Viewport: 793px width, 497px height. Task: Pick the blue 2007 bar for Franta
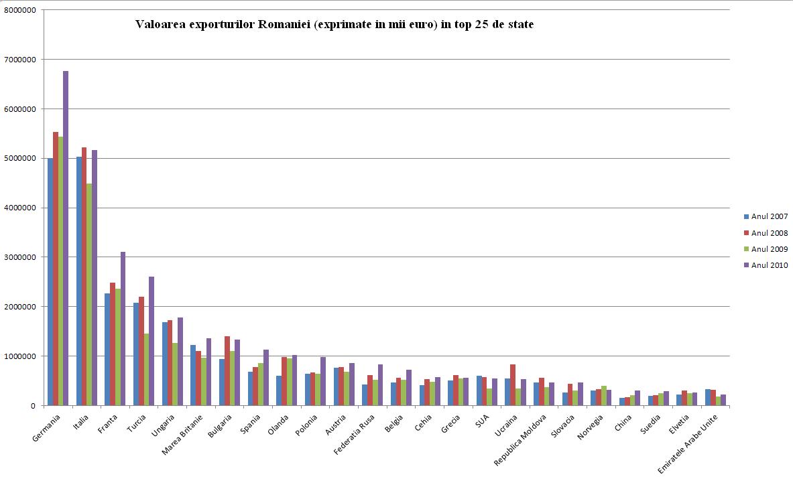(107, 349)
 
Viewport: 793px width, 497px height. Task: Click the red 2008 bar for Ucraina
(513, 384)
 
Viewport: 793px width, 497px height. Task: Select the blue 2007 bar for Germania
(50, 281)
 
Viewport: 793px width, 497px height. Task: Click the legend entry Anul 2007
(769, 216)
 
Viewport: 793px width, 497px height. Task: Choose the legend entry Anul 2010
(769, 265)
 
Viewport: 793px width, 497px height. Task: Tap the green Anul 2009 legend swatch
(746, 249)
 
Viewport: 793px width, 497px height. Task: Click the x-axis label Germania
(47, 429)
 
